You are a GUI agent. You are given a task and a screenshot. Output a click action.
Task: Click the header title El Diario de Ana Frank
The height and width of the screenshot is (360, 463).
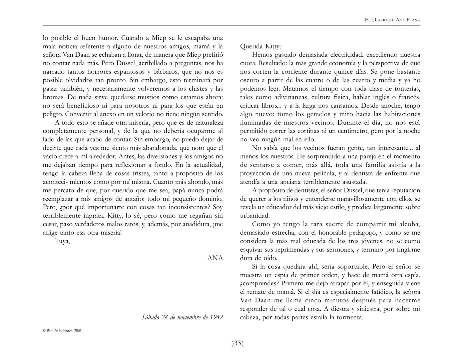click(x=392, y=20)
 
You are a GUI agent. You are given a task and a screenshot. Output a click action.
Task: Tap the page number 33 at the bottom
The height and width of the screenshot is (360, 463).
click(x=238, y=343)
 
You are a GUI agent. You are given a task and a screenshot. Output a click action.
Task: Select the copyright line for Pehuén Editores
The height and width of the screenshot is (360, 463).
click(x=62, y=331)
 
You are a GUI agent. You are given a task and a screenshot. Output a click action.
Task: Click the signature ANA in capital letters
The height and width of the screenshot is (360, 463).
click(x=215, y=258)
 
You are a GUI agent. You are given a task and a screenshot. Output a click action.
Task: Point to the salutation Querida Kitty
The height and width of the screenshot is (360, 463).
click(x=261, y=46)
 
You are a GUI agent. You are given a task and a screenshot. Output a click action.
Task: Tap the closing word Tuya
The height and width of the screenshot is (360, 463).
click(x=62, y=241)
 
